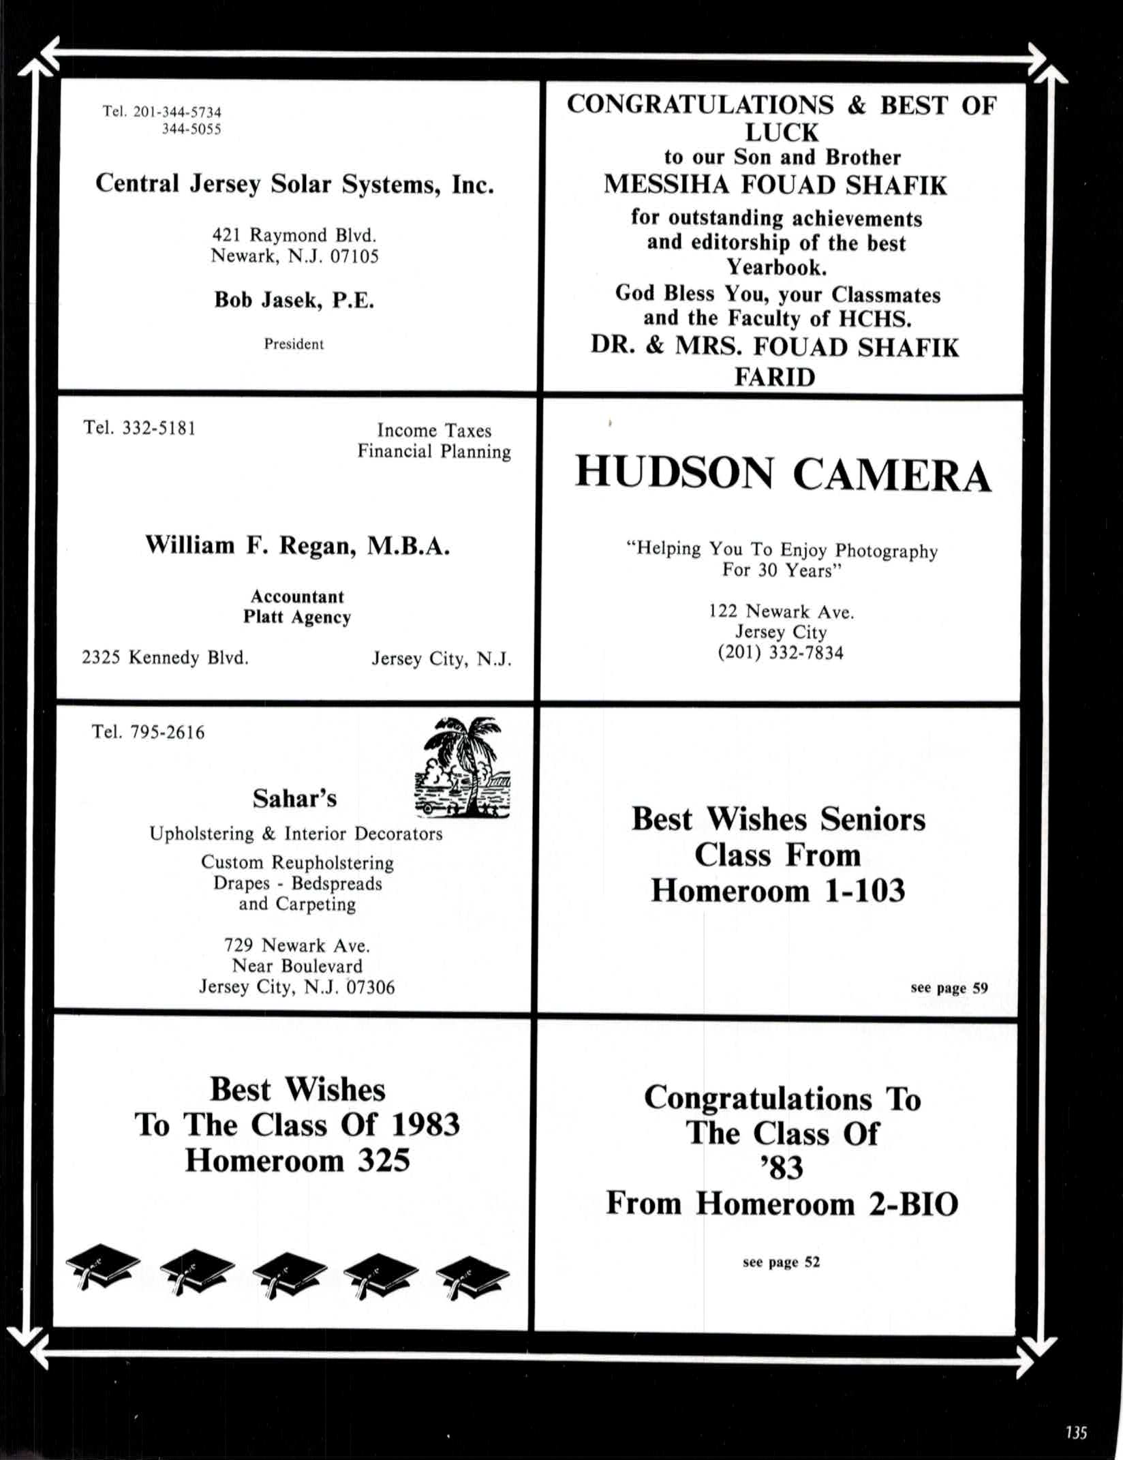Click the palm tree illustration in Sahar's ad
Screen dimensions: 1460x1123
[463, 767]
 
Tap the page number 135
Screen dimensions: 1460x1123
[1076, 1432]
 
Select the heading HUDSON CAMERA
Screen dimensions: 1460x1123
[783, 474]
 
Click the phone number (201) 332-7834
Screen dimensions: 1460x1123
[780, 653]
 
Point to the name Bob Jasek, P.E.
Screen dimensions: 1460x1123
[294, 300]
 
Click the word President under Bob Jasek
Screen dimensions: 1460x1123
[294, 344]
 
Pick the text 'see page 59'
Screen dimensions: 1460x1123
[949, 988]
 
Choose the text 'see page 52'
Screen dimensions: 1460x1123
[781, 1262]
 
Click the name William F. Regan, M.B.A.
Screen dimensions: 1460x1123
[297, 545]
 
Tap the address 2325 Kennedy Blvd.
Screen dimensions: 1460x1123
[165, 658]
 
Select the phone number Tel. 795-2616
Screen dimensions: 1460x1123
[148, 732]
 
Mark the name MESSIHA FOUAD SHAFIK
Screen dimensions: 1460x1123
[775, 185]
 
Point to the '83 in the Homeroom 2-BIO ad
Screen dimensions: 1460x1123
[782, 1168]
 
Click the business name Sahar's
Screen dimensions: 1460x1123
[294, 798]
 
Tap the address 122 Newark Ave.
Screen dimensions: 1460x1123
[781, 611]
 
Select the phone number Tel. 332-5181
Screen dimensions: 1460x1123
[140, 428]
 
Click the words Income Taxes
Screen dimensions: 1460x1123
[434, 430]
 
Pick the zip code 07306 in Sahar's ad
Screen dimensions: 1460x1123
[371, 987]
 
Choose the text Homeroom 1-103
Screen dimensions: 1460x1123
[778, 890]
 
